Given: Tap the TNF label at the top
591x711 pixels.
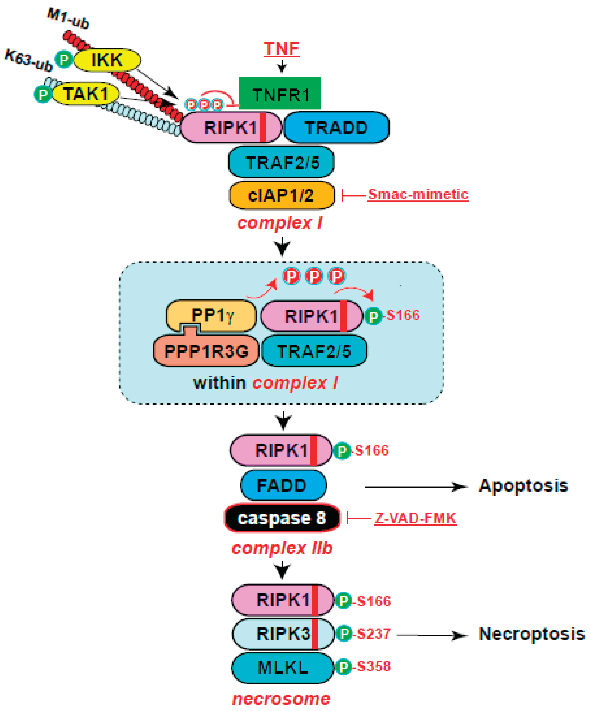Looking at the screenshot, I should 281,48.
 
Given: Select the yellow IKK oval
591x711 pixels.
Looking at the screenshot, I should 107,60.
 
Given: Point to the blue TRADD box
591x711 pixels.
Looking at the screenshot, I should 336,127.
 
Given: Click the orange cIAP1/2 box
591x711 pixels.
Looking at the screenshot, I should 281,195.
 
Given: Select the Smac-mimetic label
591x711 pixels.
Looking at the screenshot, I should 418,194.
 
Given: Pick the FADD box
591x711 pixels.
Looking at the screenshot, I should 283,485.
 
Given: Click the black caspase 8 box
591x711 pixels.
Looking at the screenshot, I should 282,518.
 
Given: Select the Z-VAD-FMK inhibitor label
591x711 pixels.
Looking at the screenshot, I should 415,518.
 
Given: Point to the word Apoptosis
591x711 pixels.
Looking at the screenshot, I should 523,486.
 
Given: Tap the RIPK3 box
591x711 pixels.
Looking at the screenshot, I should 283,634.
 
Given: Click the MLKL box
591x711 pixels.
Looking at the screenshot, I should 283,668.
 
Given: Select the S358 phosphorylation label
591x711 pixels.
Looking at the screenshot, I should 374,666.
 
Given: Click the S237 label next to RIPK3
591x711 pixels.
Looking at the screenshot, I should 374,633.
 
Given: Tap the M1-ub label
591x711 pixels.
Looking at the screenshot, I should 68,19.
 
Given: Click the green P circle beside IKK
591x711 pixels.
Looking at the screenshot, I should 64,60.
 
